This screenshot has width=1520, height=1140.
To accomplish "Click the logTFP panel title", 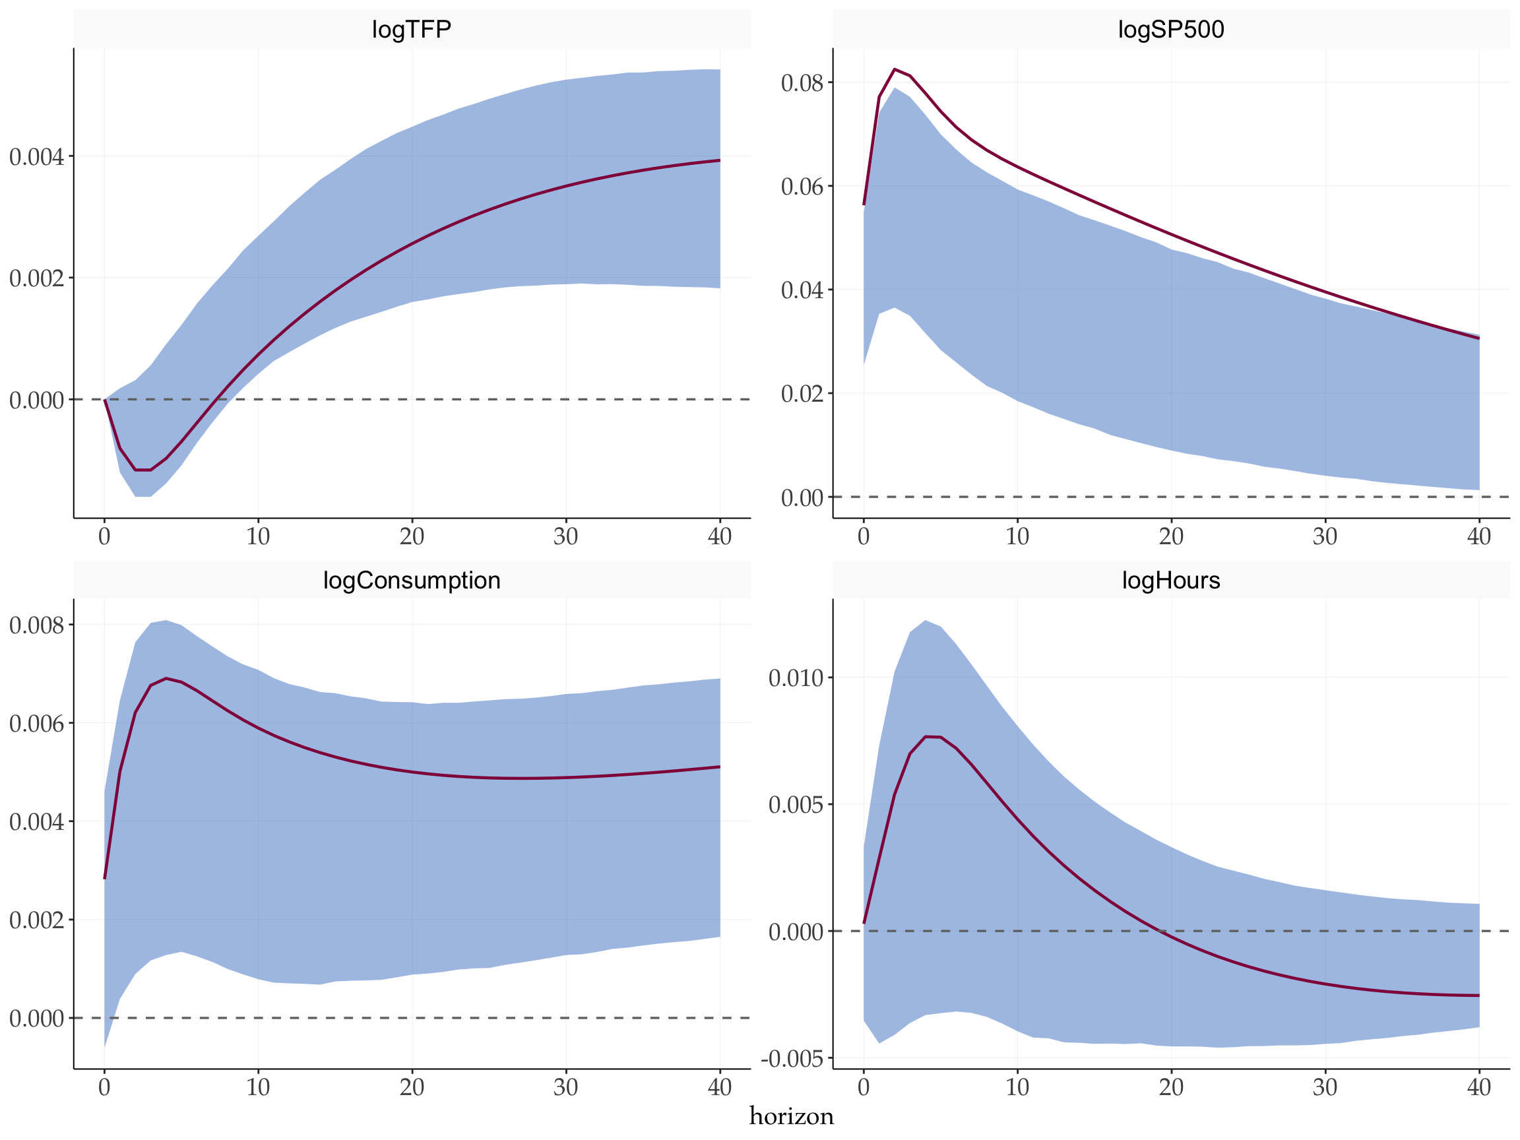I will [412, 30].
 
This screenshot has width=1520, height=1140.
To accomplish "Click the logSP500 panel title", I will [1171, 30].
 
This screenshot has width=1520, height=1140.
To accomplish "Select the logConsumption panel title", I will [412, 581].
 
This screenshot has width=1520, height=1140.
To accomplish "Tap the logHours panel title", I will [1171, 581].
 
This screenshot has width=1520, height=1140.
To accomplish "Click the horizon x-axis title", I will [792, 1117].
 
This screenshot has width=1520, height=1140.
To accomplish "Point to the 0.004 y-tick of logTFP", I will [36, 156].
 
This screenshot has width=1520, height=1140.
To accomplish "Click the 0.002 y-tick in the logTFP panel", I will [36, 278].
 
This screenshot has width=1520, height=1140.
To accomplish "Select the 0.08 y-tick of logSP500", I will [802, 82].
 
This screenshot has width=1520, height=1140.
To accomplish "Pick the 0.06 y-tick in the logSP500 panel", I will [802, 186].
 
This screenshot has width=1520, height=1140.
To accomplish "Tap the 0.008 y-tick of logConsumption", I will [36, 625].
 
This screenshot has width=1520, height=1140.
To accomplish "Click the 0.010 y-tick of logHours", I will [796, 678].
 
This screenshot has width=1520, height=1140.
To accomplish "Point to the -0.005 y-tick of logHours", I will [792, 1059].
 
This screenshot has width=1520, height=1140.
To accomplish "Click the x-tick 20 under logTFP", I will [412, 536].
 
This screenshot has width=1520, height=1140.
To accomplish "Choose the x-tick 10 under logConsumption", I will [258, 1088].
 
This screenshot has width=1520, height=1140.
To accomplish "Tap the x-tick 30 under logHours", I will [1325, 1088].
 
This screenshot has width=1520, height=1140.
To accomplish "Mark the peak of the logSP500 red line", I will [895, 69].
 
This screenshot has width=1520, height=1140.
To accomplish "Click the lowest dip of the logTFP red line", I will [143, 470].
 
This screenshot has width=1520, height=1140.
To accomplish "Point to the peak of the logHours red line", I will [926, 737].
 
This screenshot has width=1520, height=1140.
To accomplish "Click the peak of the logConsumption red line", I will [166, 678].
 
